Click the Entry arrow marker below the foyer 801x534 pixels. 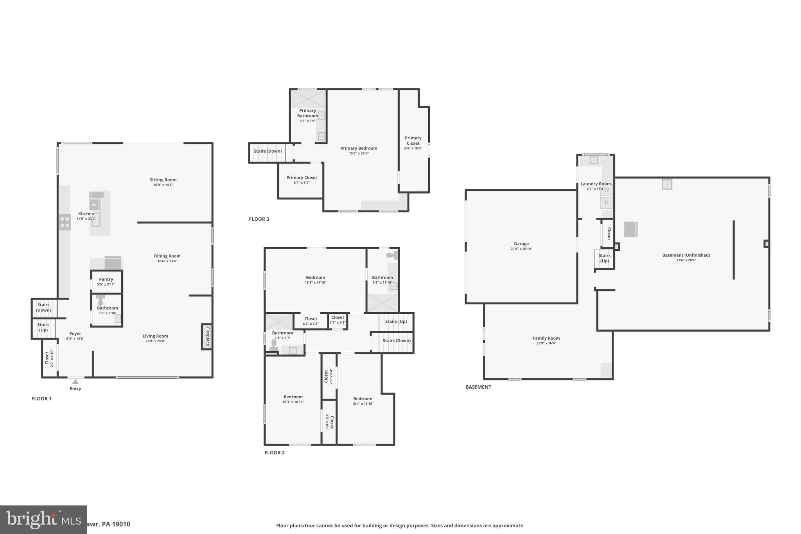click(75, 382)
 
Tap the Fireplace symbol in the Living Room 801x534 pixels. click(207, 336)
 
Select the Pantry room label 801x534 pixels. click(106, 279)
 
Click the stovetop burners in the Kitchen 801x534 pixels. click(65, 222)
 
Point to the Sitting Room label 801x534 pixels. click(163, 180)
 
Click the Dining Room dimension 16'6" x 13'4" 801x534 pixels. click(167, 261)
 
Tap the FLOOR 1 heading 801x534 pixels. click(41, 399)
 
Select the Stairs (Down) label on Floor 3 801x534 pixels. click(268, 151)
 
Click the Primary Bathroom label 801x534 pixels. click(307, 113)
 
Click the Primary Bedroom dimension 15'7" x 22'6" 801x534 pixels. click(359, 153)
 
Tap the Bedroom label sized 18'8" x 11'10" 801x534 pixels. click(315, 277)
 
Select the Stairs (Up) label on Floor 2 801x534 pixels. click(396, 322)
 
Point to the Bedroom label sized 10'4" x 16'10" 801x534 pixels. click(363, 399)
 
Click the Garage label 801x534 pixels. click(521, 244)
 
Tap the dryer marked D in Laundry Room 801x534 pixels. click(606, 203)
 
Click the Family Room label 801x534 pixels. click(546, 338)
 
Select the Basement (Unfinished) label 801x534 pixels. click(686, 255)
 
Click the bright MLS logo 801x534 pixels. click(43, 520)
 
